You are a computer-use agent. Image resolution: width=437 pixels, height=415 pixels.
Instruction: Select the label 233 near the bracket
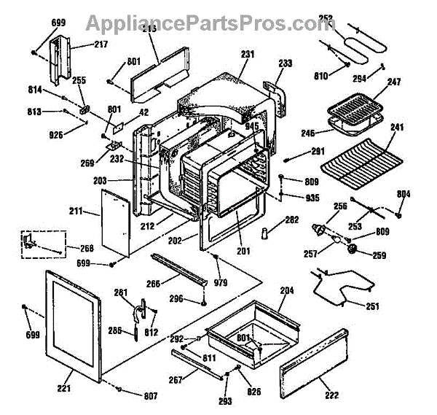285,64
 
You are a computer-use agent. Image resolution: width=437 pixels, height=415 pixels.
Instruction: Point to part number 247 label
394,82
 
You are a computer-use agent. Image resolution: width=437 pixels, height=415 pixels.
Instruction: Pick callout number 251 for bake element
372,306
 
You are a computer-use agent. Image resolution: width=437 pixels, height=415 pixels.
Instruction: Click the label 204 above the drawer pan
287,290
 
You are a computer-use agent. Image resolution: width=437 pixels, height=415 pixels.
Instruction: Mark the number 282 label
292,220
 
